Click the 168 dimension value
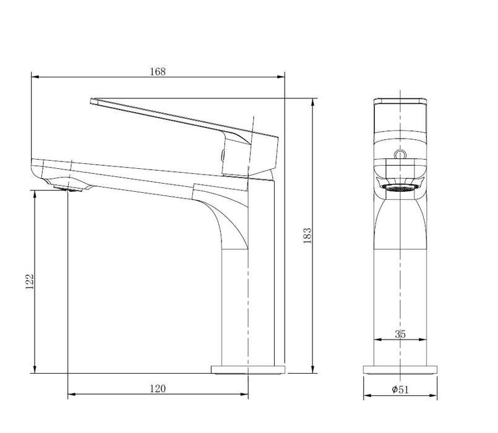click(x=158, y=71)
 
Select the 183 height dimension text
click(x=307, y=236)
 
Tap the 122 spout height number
click(x=29, y=281)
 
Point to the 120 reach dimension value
click(x=158, y=388)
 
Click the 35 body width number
click(x=400, y=334)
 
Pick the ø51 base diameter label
click(x=400, y=389)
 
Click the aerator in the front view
click(x=400, y=187)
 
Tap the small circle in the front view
click(x=400, y=154)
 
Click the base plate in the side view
click(x=248, y=369)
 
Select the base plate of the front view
click(x=400, y=369)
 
